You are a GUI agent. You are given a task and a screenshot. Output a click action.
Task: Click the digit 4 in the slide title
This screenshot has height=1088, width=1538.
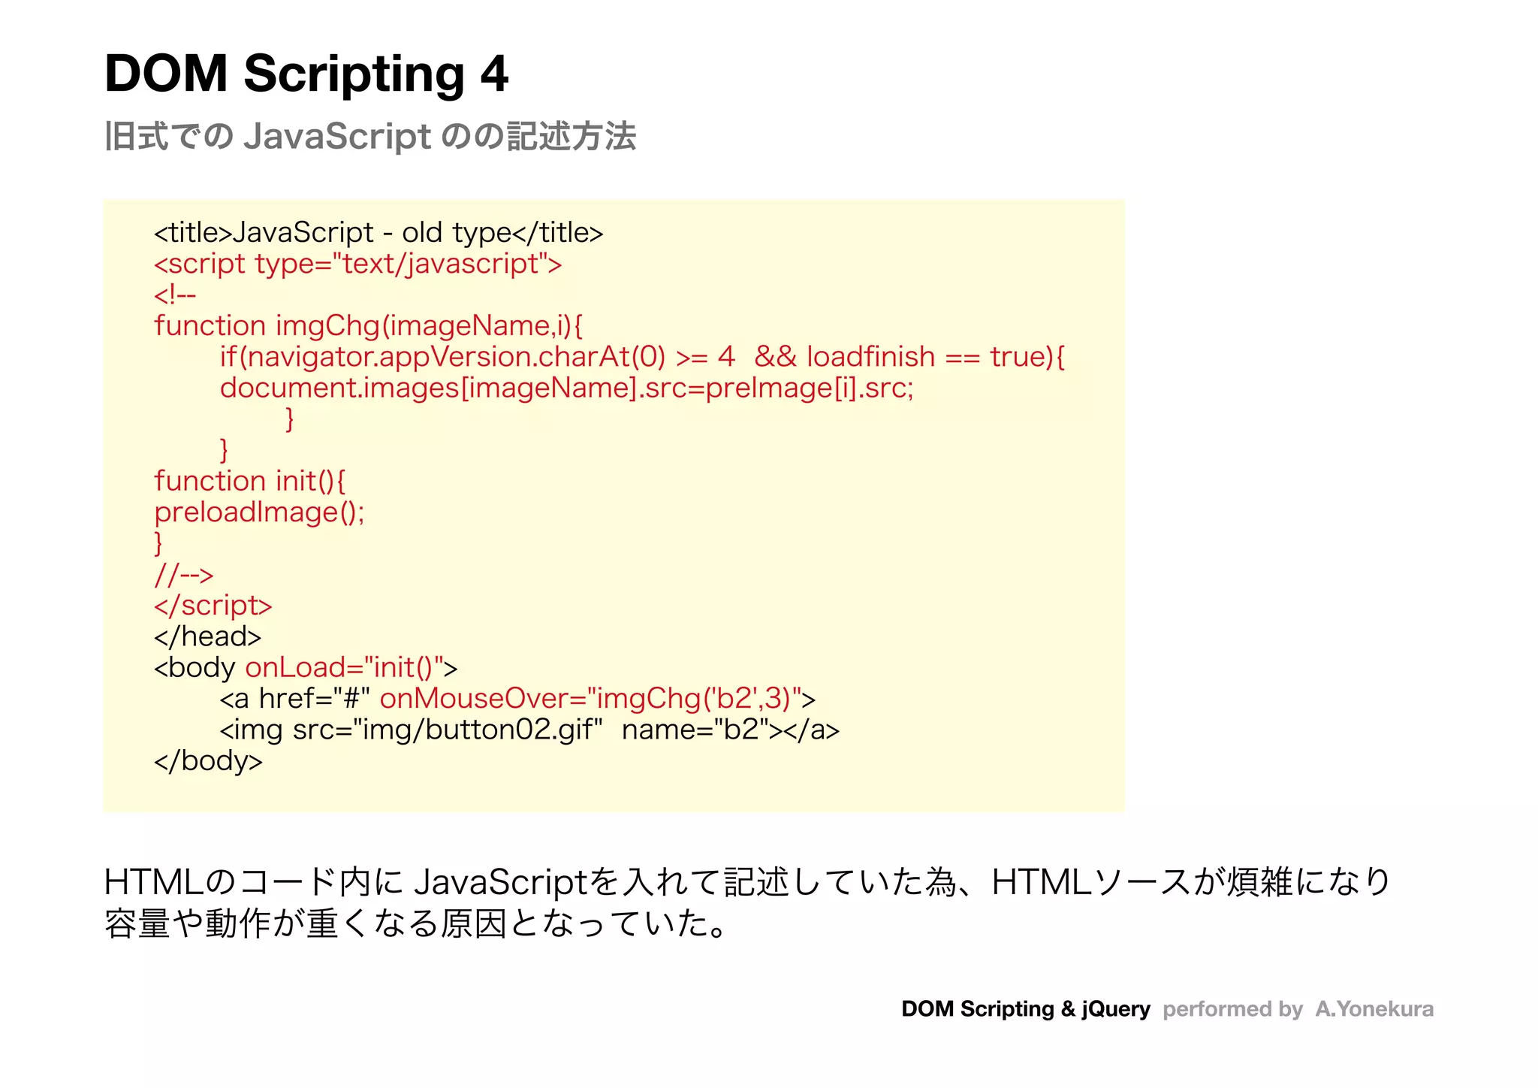click(x=494, y=74)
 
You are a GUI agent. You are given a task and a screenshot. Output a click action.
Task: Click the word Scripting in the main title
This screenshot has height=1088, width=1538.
click(x=354, y=74)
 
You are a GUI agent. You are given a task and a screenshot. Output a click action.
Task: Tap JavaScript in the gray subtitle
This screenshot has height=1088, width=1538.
click(x=337, y=137)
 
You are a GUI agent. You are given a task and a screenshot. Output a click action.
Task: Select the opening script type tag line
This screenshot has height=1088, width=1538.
click(x=357, y=264)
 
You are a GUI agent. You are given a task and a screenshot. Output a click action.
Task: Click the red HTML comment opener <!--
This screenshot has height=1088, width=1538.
click(x=175, y=295)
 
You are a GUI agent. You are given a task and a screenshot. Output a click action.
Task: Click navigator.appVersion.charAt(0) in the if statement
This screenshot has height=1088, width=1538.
click(x=456, y=357)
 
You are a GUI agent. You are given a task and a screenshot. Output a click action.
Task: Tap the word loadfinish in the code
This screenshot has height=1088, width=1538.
click(x=870, y=357)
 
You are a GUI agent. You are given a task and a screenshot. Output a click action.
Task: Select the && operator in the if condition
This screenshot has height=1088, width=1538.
click(x=775, y=357)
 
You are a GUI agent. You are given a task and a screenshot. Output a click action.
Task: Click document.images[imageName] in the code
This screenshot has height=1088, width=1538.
click(x=428, y=388)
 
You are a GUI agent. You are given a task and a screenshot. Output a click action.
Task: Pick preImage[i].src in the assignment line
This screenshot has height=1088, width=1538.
click(x=810, y=388)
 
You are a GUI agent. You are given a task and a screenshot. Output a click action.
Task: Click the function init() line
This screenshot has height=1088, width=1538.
click(x=249, y=481)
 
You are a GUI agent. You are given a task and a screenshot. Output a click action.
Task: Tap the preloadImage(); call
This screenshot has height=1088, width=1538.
click(x=259, y=512)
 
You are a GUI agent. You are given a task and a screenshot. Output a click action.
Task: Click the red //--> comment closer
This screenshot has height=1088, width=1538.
click(x=184, y=575)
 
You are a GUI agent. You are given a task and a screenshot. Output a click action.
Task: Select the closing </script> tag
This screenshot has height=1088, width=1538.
click(x=213, y=606)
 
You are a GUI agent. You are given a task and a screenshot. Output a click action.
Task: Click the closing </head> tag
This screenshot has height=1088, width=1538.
click(x=207, y=636)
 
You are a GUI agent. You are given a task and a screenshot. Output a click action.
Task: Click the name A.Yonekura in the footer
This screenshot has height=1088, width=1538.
click(x=1374, y=1008)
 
